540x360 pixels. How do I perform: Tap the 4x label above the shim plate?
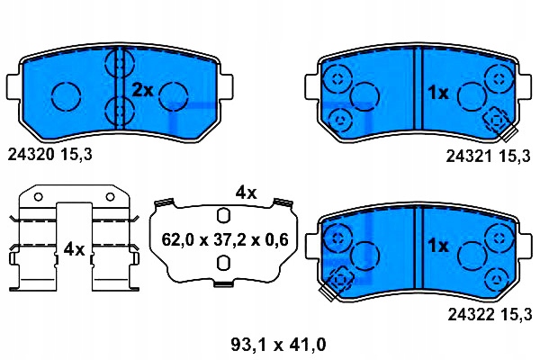[x=246, y=193]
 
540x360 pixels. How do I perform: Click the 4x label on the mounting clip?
[x=74, y=248]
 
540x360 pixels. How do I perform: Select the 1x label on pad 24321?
[x=438, y=92]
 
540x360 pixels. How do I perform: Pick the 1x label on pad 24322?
[x=438, y=244]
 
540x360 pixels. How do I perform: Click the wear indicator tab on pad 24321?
[x=496, y=122]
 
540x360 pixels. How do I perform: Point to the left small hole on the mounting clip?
[x=36, y=195]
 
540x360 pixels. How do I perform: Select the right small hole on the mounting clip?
[x=111, y=195]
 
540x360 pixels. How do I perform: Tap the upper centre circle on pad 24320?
[x=119, y=66]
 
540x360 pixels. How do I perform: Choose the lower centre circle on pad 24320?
[x=119, y=112]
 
